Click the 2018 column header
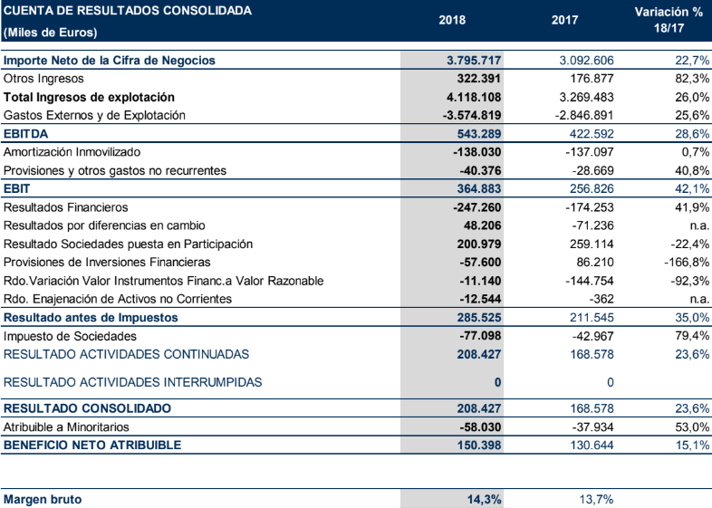[451, 20]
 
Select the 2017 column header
[564, 20]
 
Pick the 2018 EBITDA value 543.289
[475, 133]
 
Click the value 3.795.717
[475, 61]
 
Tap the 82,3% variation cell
[690, 79]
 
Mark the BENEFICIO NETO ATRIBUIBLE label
[92, 445]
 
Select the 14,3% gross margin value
[485, 499]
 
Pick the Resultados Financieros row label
[66, 207]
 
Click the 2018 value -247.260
[476, 207]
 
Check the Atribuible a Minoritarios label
[66, 427]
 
